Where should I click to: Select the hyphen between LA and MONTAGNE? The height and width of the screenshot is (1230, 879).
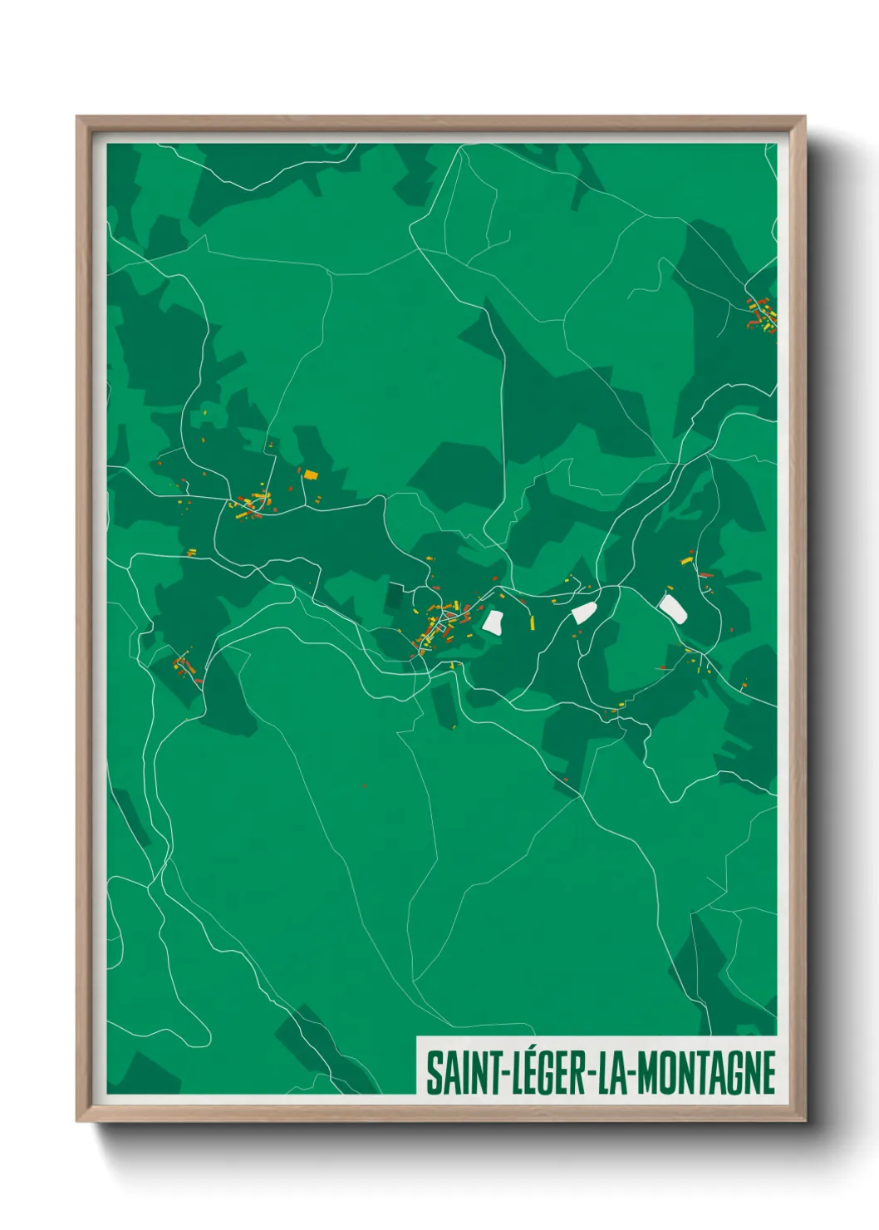pyautogui.click(x=631, y=1074)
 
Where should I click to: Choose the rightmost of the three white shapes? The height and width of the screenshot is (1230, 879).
pyautogui.click(x=672, y=608)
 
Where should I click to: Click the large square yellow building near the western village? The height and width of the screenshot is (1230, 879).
pyautogui.click(x=311, y=475)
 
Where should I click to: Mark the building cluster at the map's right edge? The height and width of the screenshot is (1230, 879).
pyautogui.click(x=763, y=316)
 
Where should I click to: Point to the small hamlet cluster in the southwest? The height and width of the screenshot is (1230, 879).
pyautogui.click(x=184, y=667)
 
